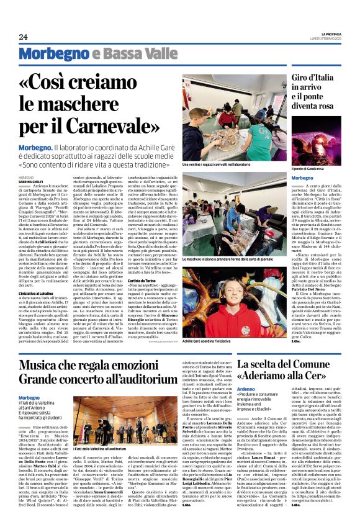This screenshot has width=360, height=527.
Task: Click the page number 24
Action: point(24,37)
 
